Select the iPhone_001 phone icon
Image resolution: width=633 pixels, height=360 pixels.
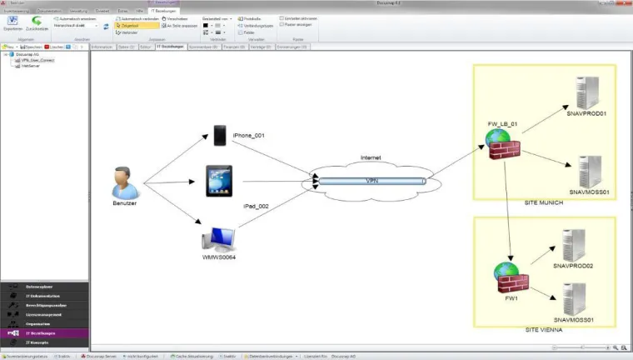click(219, 135)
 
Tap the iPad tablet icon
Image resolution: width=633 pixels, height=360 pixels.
click(219, 180)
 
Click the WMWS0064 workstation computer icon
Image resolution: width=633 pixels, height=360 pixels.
click(218, 240)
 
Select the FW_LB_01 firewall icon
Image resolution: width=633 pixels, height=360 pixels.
click(502, 145)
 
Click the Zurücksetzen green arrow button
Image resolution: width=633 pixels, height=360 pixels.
click(37, 23)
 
